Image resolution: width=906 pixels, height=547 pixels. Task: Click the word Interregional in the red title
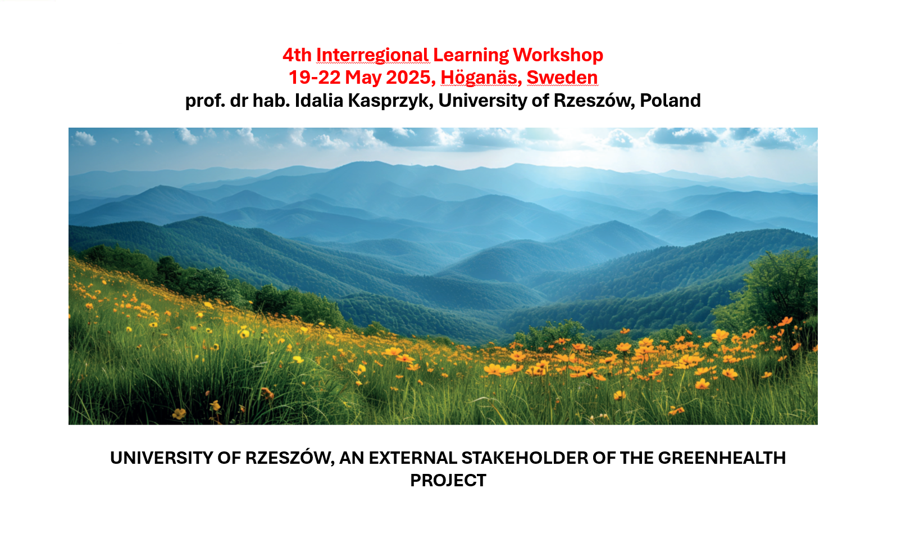click(x=372, y=56)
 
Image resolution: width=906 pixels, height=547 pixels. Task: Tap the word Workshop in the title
click(x=558, y=56)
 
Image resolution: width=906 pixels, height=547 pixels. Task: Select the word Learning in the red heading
click(x=471, y=56)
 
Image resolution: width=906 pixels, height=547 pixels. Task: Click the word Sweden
click(x=562, y=78)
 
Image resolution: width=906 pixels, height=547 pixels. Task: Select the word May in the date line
click(x=363, y=78)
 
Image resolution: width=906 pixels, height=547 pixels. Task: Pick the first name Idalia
click(x=319, y=101)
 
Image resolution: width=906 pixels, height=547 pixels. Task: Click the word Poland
click(x=670, y=101)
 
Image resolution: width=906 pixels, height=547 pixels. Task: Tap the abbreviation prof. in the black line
click(x=205, y=101)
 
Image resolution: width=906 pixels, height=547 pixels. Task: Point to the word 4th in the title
click(x=297, y=56)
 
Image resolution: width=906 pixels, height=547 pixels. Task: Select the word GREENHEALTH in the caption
click(x=722, y=458)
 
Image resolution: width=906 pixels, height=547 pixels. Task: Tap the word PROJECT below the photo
click(x=448, y=481)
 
